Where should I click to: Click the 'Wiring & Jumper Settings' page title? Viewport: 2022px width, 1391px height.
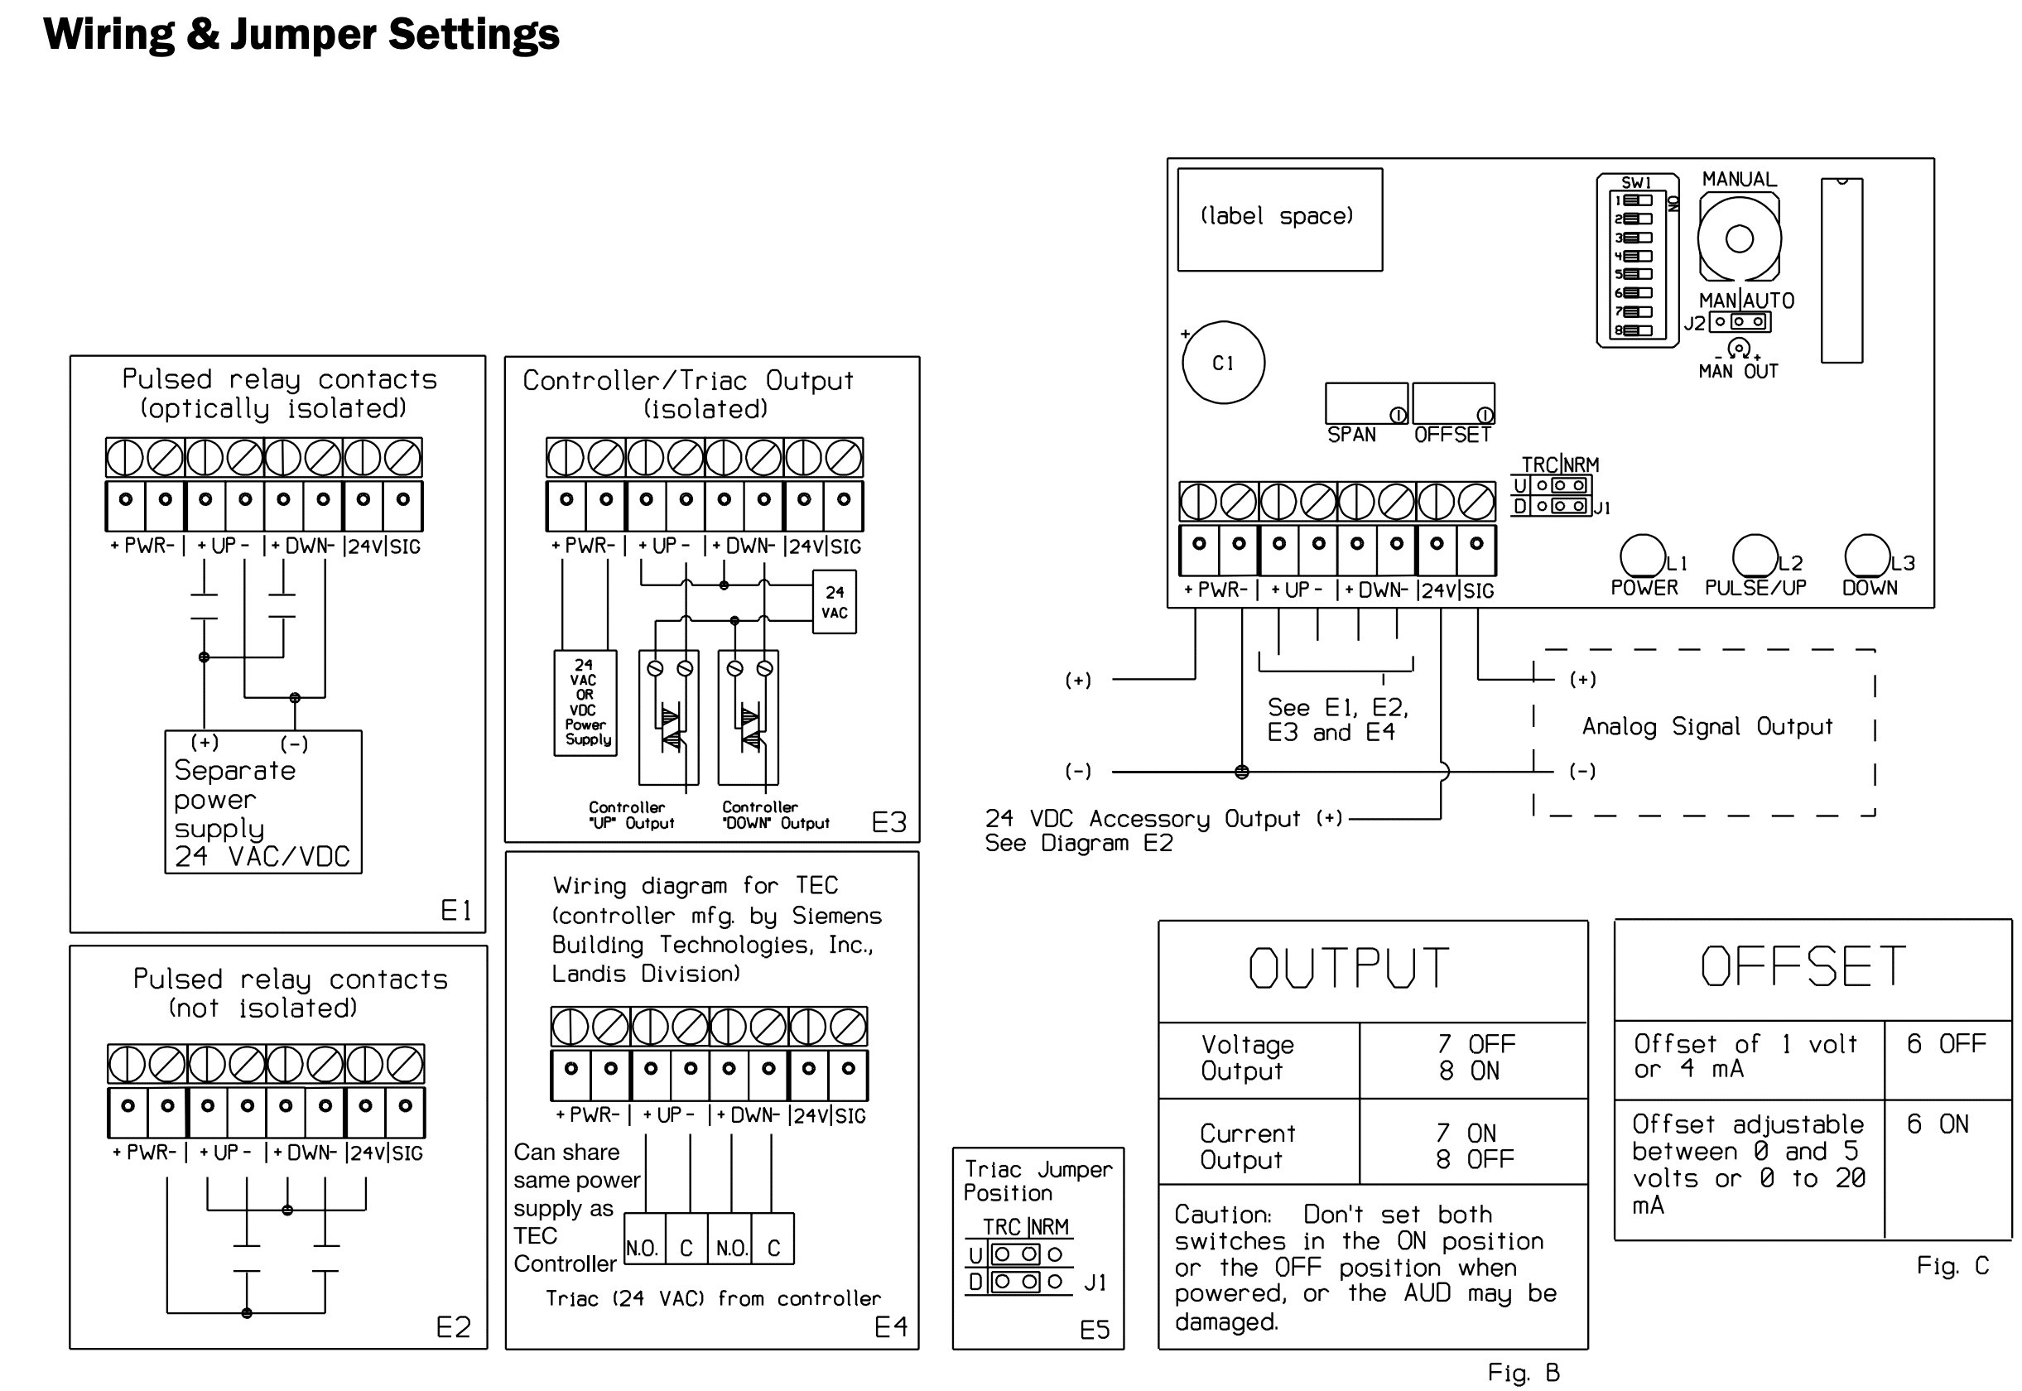coord(301,35)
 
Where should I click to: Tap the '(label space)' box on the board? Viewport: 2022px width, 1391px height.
coord(1278,219)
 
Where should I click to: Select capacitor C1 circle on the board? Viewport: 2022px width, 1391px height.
coord(1223,363)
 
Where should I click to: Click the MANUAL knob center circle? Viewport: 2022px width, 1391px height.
coord(1739,238)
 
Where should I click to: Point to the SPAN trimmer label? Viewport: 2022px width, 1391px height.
coord(1351,435)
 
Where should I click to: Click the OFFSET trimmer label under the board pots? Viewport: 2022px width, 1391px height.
coord(1452,435)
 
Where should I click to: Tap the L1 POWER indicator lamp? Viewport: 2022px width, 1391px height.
coord(1642,556)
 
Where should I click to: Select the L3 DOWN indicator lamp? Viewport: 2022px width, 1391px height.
coord(1867,556)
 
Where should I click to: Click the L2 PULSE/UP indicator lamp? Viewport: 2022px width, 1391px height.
coord(1755,556)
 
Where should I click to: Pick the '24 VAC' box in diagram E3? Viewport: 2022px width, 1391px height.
coord(834,601)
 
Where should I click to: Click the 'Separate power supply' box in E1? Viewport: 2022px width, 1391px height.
coord(263,801)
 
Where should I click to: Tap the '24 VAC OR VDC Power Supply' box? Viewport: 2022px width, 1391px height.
coord(585,702)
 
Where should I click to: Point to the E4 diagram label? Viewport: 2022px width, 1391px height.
coord(891,1326)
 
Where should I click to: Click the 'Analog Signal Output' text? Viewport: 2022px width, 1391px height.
coord(1707,727)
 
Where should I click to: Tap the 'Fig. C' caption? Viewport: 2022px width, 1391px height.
coord(1952,1265)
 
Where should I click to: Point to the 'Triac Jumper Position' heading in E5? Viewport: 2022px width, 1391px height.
coord(1037,1181)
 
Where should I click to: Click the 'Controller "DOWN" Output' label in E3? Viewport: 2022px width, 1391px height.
coord(775,816)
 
